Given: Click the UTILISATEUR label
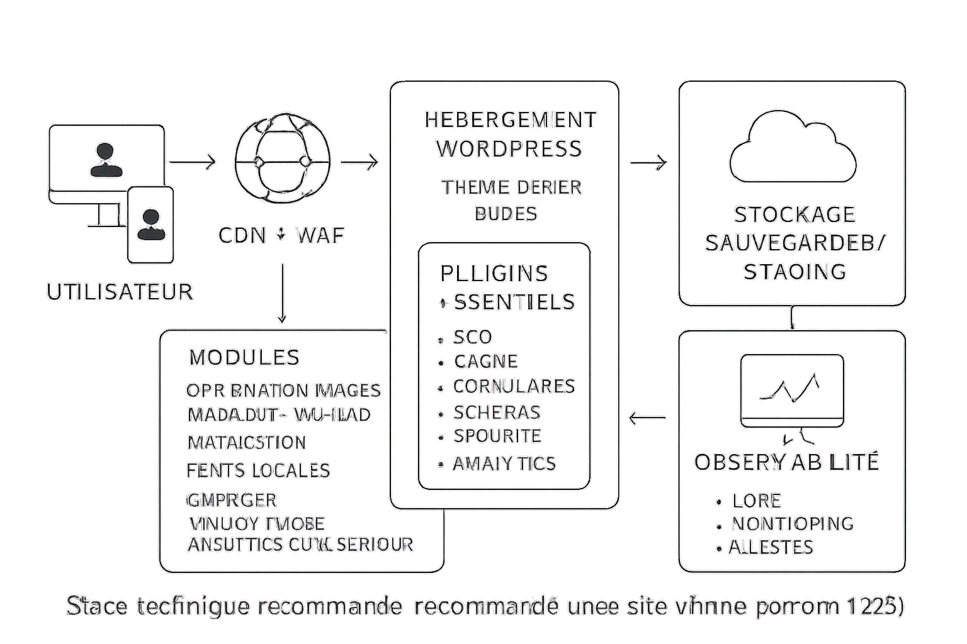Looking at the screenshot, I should click(x=120, y=292).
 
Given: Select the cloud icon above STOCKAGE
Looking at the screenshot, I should click(x=793, y=148).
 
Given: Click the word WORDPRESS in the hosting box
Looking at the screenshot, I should click(x=509, y=149).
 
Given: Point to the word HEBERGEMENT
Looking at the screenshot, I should click(x=510, y=119).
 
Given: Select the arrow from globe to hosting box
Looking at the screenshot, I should click(x=359, y=162).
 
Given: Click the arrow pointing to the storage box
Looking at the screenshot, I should click(x=648, y=162).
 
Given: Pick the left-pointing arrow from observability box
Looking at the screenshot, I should click(x=648, y=417).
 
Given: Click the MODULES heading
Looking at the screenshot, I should click(x=244, y=357).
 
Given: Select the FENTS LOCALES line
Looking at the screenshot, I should click(x=258, y=470).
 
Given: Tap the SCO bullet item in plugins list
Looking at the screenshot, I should click(x=472, y=337).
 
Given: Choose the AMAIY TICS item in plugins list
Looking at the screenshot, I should click(x=504, y=464).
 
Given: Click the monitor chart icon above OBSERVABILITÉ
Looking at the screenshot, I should click(x=792, y=391).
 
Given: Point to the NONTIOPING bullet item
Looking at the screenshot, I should click(x=792, y=523).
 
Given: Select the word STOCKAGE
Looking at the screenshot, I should click(x=795, y=214).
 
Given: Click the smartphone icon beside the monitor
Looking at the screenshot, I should click(x=150, y=224).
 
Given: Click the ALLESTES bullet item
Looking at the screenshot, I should click(x=771, y=547).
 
